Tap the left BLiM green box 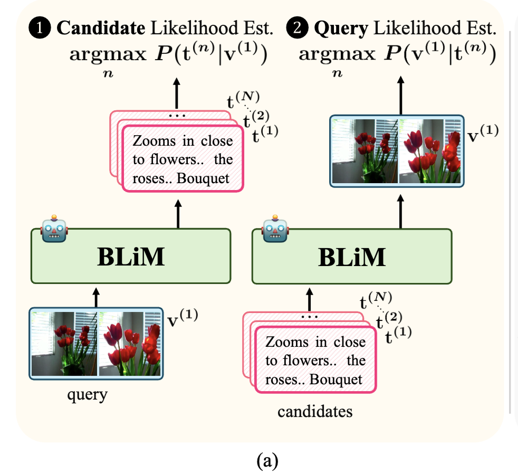131,256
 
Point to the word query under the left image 87,395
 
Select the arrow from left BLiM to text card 178,213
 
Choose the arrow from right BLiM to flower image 400,208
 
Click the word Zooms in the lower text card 287,342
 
